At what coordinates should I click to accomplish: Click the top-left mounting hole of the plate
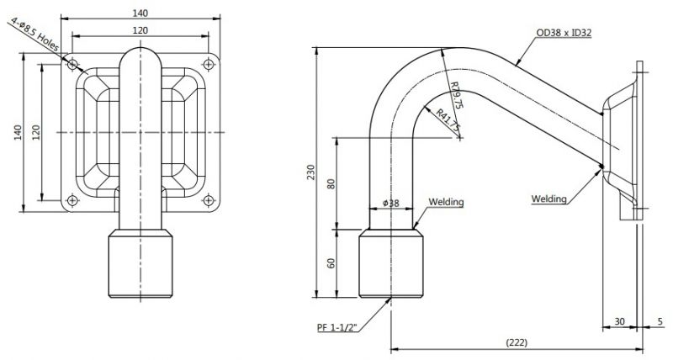pos(72,65)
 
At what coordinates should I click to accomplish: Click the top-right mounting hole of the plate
pos(209,65)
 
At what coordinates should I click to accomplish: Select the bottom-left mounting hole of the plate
pos(72,200)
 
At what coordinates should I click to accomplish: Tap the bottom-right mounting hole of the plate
pos(209,200)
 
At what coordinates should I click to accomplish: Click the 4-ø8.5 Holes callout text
pos(35,34)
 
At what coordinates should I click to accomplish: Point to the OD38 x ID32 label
pos(564,33)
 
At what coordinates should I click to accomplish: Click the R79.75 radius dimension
pos(456,95)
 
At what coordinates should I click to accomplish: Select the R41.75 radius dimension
pos(448,120)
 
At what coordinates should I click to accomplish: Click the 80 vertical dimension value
pos(331,183)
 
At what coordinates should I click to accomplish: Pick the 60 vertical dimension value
pos(331,263)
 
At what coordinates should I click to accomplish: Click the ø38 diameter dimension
pos(390,203)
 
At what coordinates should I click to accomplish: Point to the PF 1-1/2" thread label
pos(337,328)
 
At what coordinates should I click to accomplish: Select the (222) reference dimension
pos(517,342)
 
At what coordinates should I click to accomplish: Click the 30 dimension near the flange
pos(619,321)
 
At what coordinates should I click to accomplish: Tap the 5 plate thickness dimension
pos(660,321)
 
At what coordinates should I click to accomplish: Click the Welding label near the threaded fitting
pos(446,202)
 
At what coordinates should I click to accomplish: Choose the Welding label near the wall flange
pos(549,199)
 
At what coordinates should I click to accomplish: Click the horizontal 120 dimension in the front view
pos(140,30)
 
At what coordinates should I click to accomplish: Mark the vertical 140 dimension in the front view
pos(18,133)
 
